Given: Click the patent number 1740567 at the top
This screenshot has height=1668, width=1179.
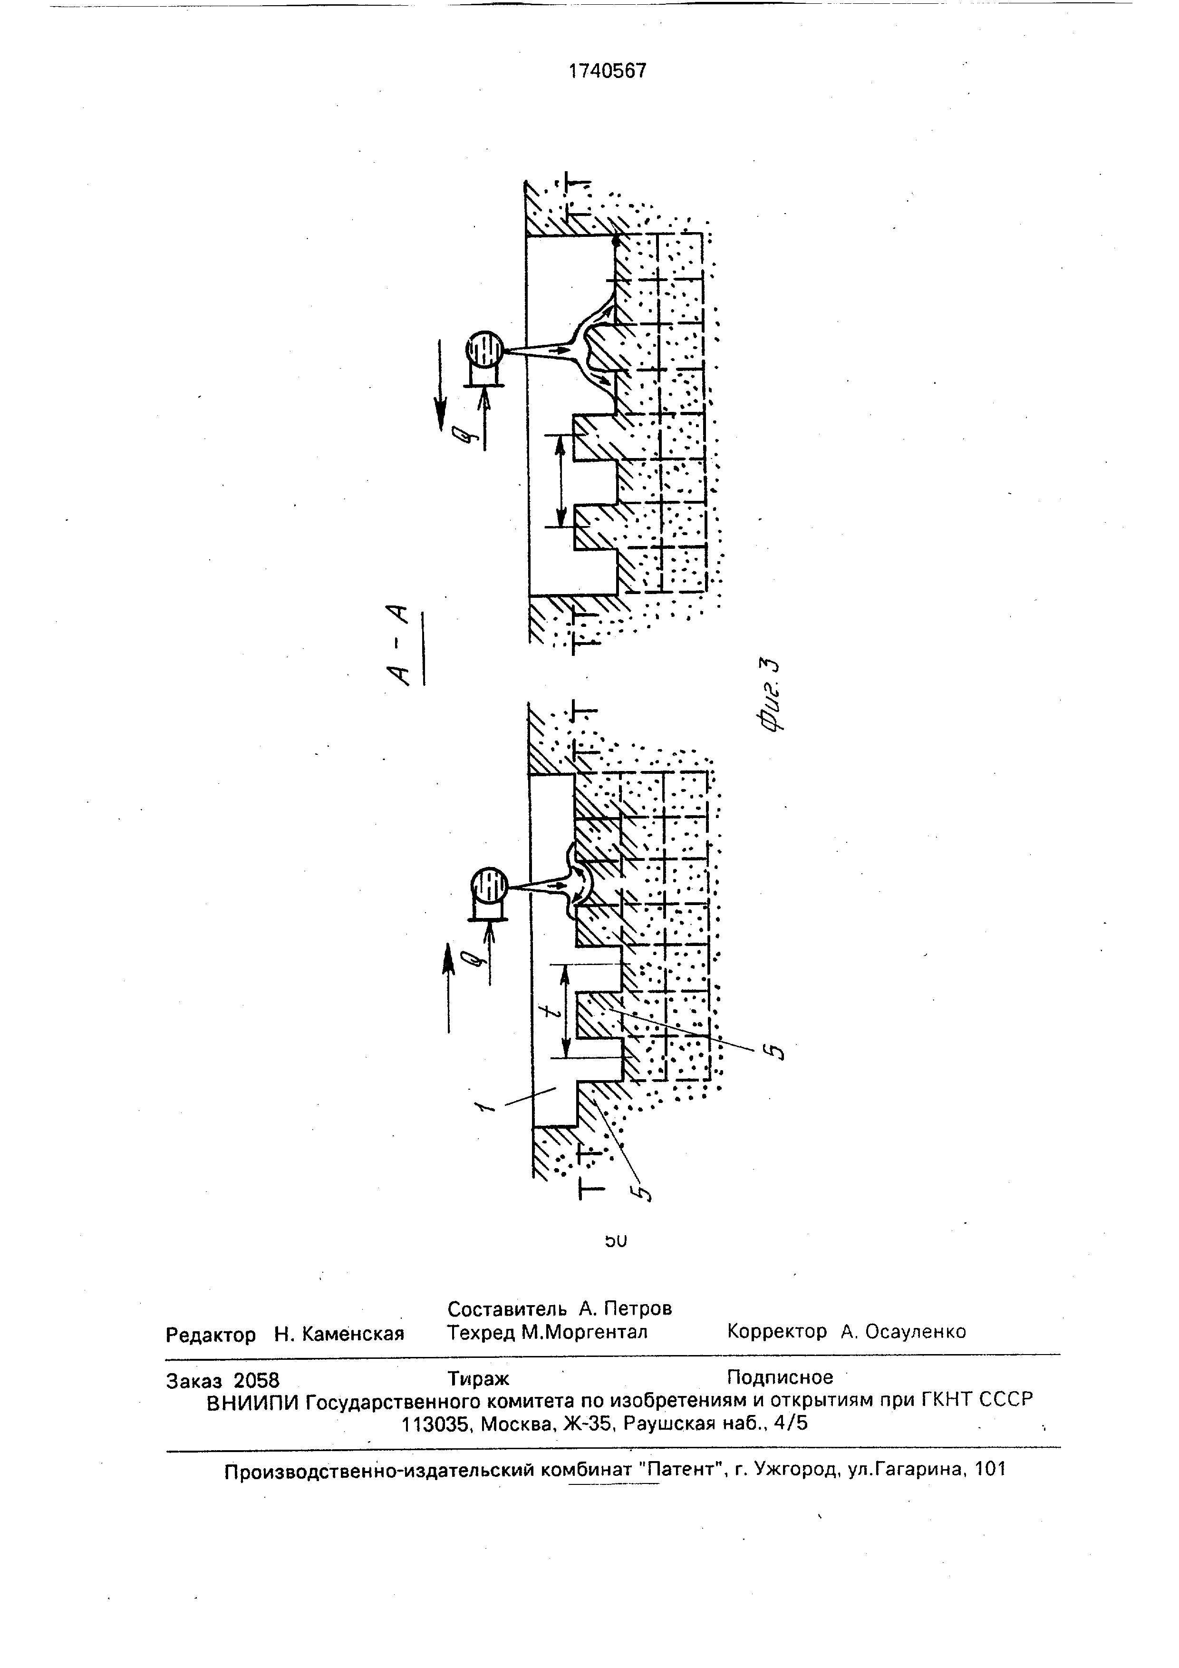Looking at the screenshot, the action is coord(607,71).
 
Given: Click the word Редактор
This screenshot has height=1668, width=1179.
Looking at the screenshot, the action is coord(211,1335).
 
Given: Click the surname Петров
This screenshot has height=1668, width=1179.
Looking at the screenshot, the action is coord(636,1309).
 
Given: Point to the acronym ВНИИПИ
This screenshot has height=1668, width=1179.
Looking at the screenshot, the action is coord(252,1403).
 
